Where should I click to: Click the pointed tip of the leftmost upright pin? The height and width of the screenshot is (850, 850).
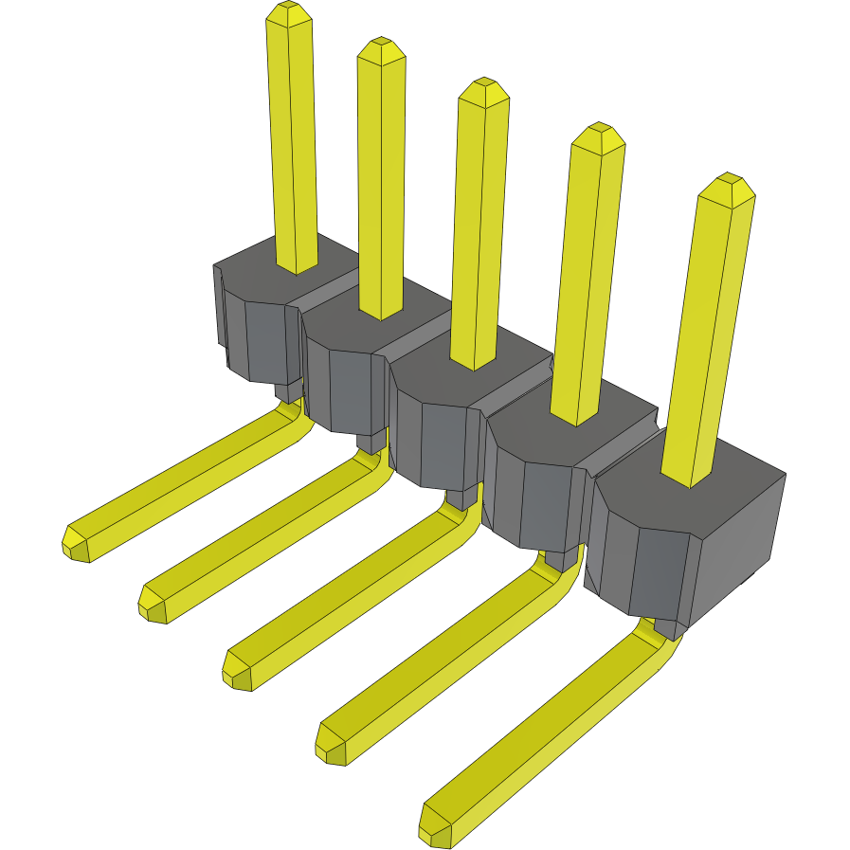290,12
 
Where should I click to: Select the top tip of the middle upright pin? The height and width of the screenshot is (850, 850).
483,88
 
